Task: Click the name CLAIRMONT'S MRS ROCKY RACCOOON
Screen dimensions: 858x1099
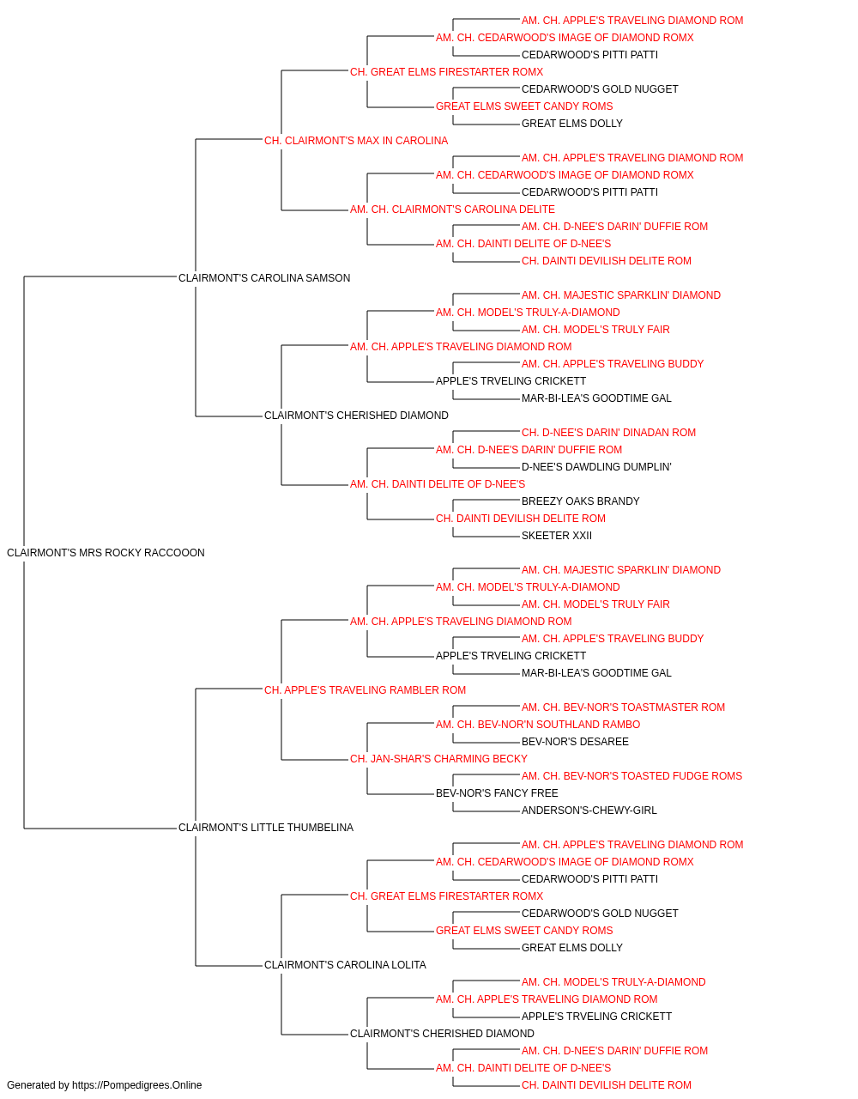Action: [x=106, y=553]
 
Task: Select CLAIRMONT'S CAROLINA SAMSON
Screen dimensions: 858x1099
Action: [x=264, y=278]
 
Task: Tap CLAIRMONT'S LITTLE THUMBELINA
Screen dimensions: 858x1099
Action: [x=266, y=828]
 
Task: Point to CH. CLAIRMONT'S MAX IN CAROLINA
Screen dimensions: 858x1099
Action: [x=356, y=141]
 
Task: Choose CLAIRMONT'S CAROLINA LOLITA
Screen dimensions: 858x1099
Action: [x=345, y=965]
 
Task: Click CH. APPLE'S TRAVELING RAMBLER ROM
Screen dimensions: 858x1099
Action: [x=365, y=690]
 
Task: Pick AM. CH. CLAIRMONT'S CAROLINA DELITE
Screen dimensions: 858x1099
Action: [x=452, y=209]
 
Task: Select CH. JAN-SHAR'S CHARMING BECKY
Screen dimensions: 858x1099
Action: [x=438, y=759]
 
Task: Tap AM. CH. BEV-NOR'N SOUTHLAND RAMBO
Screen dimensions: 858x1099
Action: [x=538, y=725]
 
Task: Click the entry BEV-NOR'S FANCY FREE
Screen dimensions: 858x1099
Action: [x=497, y=793]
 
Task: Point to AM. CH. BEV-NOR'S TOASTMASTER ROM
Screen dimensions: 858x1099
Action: [x=623, y=707]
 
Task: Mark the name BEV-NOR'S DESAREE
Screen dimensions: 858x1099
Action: [x=575, y=742]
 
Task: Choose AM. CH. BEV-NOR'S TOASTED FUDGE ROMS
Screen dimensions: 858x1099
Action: [x=631, y=776]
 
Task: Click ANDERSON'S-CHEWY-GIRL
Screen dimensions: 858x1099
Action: [x=589, y=811]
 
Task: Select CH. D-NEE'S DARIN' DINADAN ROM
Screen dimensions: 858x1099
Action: [x=608, y=433]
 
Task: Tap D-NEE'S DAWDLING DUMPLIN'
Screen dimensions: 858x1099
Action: [x=596, y=467]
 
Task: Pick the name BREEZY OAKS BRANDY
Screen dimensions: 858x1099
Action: [x=581, y=501]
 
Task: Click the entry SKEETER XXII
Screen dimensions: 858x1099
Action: [x=556, y=536]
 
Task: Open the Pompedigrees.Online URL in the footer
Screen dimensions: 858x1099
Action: [x=137, y=1085]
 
